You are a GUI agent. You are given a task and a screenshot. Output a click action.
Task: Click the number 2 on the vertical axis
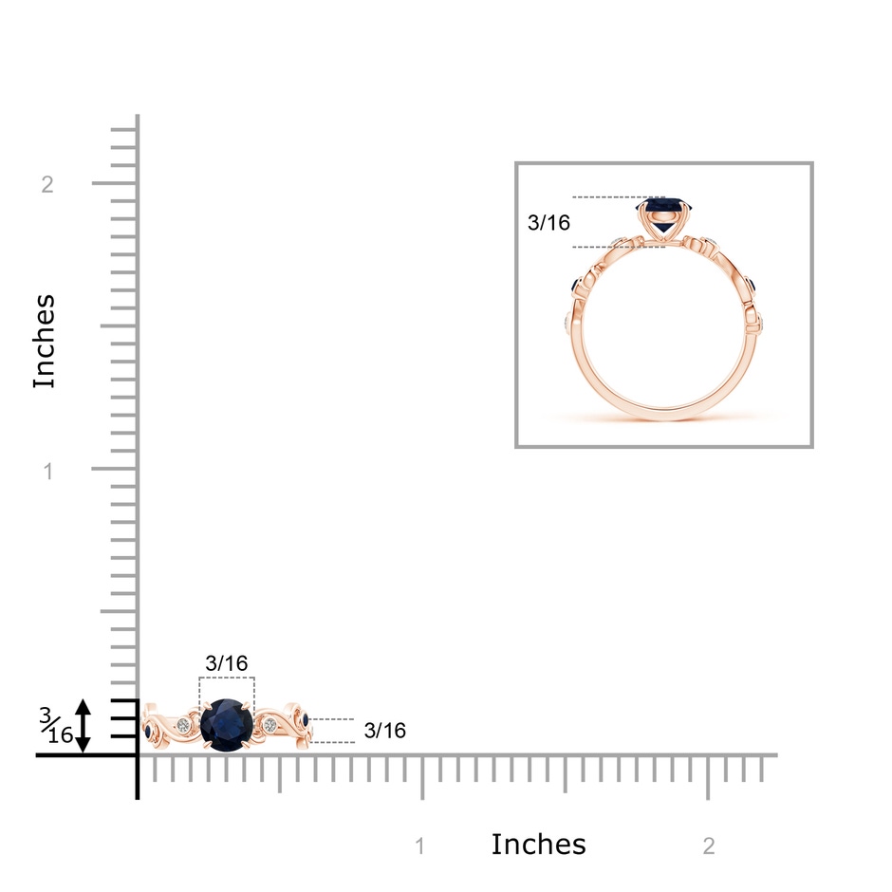tap(47, 184)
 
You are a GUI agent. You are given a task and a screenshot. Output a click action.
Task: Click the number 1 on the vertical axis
tap(48, 471)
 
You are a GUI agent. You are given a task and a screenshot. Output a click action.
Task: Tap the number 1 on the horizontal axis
tap(419, 846)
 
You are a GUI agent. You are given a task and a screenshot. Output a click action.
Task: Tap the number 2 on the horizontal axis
tap(709, 846)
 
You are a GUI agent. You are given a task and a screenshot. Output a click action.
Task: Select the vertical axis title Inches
tap(45, 342)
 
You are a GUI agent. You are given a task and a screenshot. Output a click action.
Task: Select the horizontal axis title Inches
tap(538, 845)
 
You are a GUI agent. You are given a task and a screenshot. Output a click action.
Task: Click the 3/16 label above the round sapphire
tap(227, 662)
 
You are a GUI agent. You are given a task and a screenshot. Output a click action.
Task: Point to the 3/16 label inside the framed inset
tap(548, 222)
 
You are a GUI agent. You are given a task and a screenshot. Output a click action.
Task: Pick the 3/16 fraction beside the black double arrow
tap(56, 726)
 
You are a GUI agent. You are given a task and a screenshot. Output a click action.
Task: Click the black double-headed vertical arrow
tap(84, 726)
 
